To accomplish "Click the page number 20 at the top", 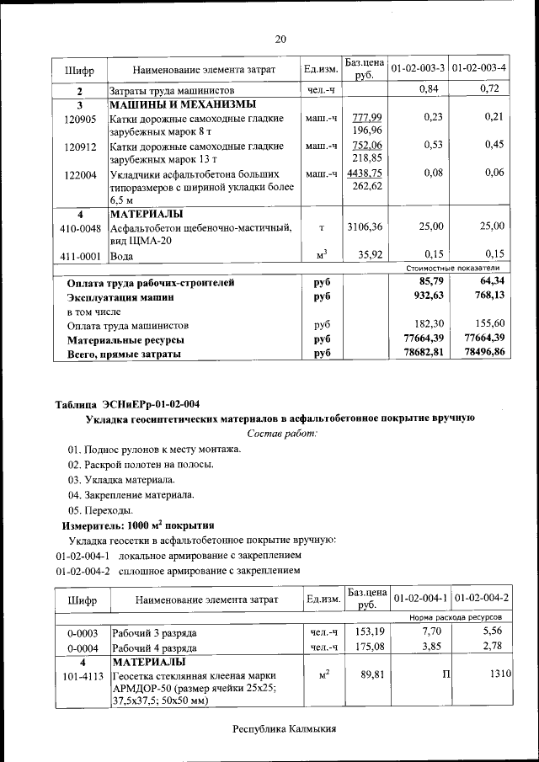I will [x=280, y=39].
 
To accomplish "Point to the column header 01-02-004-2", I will [x=481, y=598].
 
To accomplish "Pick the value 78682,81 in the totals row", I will [x=424, y=354].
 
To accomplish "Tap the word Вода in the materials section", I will [x=123, y=254].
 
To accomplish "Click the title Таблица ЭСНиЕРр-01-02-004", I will [x=127, y=403].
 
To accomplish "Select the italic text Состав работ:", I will [x=281, y=433].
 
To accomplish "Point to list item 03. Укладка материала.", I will [x=121, y=479].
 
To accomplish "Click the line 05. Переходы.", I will [x=100, y=509].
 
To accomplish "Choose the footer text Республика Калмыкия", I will [x=280, y=727].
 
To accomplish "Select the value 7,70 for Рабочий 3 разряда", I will [x=431, y=631].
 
